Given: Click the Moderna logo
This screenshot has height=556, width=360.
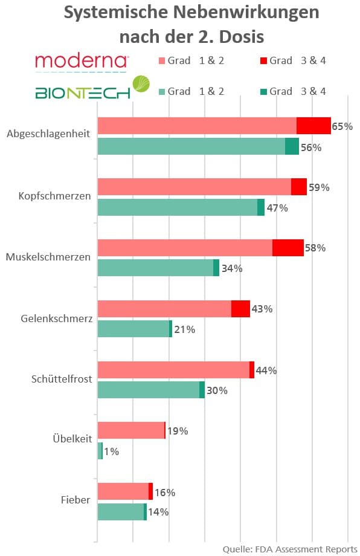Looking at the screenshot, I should [x=82, y=60].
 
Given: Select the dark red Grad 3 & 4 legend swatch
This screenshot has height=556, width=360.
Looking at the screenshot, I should [x=264, y=60].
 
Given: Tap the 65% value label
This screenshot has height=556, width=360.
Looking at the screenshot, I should [x=342, y=126].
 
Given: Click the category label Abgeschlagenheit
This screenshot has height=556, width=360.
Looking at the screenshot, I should [x=48, y=134].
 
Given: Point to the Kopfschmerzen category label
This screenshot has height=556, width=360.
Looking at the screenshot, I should [x=55, y=196].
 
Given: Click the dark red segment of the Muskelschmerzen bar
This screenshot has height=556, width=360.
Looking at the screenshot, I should [x=288, y=248].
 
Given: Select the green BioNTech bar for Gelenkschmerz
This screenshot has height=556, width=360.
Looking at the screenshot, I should [x=133, y=329].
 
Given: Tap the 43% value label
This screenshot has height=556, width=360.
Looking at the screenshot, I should [x=262, y=309].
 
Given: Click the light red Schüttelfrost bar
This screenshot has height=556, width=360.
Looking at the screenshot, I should [x=173, y=370].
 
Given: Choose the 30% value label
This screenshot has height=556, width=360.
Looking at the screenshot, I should [x=217, y=390].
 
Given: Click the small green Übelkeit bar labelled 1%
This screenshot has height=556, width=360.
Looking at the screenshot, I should [x=100, y=451].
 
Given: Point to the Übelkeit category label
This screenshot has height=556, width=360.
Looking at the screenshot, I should [x=72, y=439].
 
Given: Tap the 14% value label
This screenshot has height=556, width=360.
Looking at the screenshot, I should [x=158, y=512].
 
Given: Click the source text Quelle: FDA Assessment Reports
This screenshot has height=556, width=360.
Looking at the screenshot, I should [x=290, y=549].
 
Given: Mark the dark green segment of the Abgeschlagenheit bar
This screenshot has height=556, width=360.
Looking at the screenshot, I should [x=292, y=146].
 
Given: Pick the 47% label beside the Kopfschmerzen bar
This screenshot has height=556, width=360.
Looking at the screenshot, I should [x=277, y=208].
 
